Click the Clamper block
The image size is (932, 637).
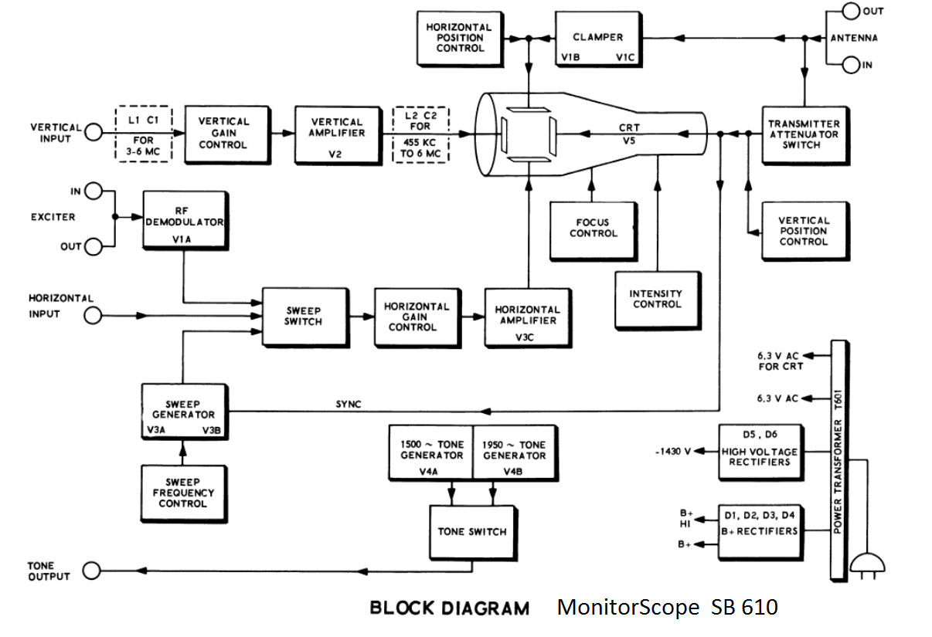(597, 38)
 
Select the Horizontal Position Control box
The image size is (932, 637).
(454, 38)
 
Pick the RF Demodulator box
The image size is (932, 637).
(183, 220)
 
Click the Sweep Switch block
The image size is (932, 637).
(302, 316)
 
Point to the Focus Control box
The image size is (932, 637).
(593, 229)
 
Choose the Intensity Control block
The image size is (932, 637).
(658, 300)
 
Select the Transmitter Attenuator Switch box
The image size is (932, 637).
(803, 134)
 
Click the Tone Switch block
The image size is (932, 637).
(471, 532)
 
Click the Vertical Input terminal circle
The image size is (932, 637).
(93, 134)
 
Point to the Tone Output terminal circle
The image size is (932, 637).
(92, 571)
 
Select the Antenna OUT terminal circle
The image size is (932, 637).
(851, 12)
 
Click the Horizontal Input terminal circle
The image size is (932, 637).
(93, 315)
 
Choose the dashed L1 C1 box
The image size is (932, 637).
(144, 134)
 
